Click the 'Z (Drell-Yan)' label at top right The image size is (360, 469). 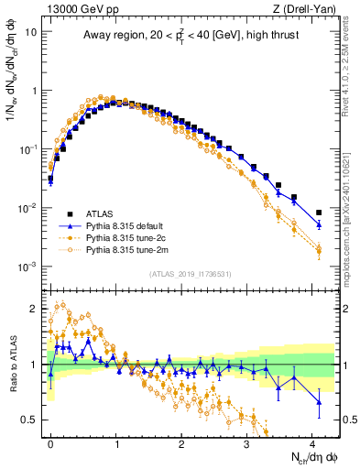307,10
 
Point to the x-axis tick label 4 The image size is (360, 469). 312,443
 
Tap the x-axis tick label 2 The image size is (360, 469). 181,443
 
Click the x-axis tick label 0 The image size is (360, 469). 50,443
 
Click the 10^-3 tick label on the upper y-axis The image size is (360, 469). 27,267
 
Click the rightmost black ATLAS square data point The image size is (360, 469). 319,213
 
